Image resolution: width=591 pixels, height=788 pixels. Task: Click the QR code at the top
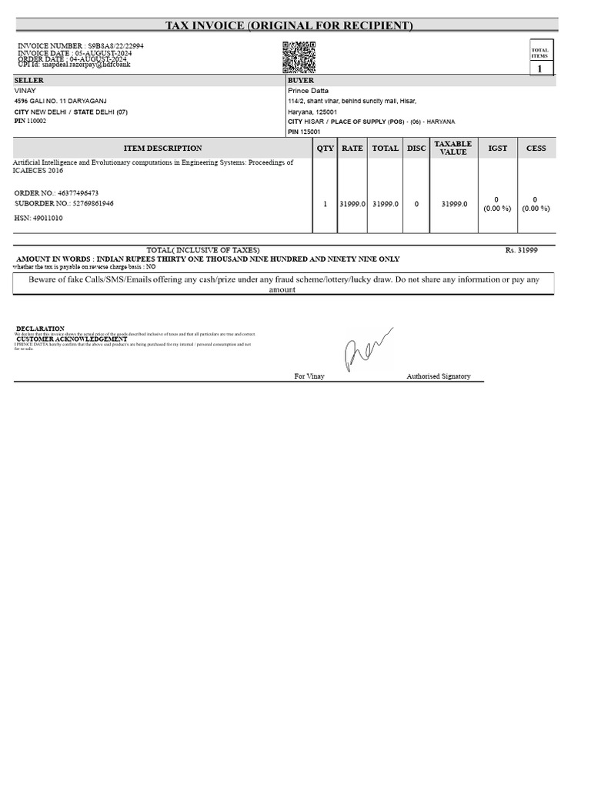point(299,57)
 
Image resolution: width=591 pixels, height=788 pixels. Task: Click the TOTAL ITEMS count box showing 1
point(539,69)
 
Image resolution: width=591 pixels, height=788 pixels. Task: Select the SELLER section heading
point(29,81)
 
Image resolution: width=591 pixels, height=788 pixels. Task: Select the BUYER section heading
point(301,81)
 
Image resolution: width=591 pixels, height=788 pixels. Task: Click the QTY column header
point(325,149)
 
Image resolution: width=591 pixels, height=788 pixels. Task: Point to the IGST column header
point(498,149)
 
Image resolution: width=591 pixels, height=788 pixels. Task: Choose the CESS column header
point(536,149)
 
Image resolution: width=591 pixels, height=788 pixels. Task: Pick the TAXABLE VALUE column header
point(453,148)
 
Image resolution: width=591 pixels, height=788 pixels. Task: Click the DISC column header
point(416,149)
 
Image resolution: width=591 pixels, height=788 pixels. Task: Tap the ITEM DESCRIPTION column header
point(162,149)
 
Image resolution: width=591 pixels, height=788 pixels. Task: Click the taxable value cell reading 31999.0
point(453,204)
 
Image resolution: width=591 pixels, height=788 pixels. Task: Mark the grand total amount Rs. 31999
point(521,250)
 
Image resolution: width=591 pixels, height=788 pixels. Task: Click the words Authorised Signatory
point(438,376)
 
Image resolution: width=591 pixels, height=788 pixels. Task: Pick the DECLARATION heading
point(40,329)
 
